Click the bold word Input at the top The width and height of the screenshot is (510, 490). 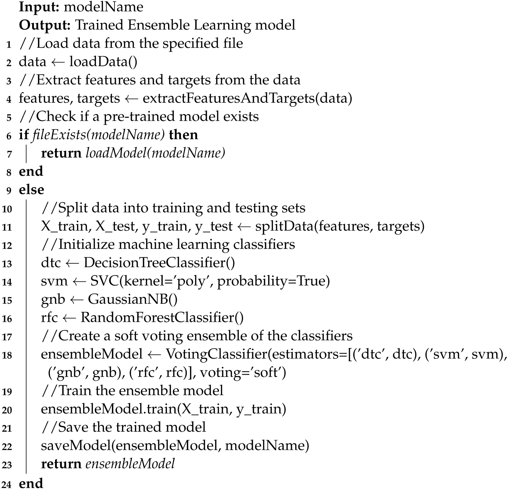(39, 7)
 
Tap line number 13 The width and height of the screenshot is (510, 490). (7, 264)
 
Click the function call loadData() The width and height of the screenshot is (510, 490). (103, 62)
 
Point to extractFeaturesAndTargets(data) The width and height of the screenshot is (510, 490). (247, 98)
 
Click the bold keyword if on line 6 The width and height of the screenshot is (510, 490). (23, 135)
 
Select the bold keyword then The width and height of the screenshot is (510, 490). (183, 135)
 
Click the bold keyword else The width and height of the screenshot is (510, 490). (31, 190)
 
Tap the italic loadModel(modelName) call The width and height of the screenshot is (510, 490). (155, 153)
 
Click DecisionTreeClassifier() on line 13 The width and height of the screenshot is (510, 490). (159, 263)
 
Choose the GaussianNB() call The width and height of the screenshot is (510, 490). (133, 299)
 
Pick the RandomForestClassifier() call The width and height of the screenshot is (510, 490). (162, 317)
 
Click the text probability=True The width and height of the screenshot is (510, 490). (273, 281)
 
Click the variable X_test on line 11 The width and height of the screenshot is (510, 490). (115, 226)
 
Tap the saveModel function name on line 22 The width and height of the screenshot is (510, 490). (76, 445)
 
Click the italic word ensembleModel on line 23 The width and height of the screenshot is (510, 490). (130, 464)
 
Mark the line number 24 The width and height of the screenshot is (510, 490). (7, 484)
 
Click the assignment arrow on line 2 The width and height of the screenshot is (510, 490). (58, 62)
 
